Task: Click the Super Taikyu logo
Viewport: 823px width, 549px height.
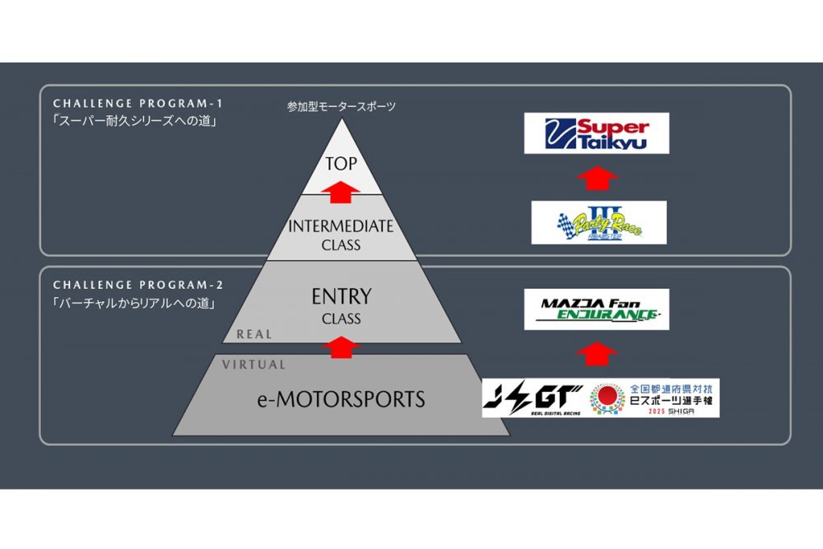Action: coord(596,133)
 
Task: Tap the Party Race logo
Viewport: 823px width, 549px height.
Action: coord(597,222)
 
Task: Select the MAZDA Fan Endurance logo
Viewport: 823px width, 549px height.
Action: coord(597,309)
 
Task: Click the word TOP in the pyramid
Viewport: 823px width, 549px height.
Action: coord(342,163)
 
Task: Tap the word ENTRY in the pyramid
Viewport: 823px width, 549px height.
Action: coord(342,295)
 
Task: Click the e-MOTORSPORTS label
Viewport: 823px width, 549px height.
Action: coord(341,400)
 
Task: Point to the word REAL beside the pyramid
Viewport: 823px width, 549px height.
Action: coord(254,334)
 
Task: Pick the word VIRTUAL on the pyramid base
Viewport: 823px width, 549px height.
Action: coord(254,365)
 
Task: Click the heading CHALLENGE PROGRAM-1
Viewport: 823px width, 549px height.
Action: coord(137,105)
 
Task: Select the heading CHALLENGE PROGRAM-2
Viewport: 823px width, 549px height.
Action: coord(137,286)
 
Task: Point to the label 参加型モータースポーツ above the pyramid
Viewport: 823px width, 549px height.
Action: coord(341,107)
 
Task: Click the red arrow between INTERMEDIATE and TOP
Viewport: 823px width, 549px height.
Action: coord(341,192)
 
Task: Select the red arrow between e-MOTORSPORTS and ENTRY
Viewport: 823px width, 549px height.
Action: coord(341,347)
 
